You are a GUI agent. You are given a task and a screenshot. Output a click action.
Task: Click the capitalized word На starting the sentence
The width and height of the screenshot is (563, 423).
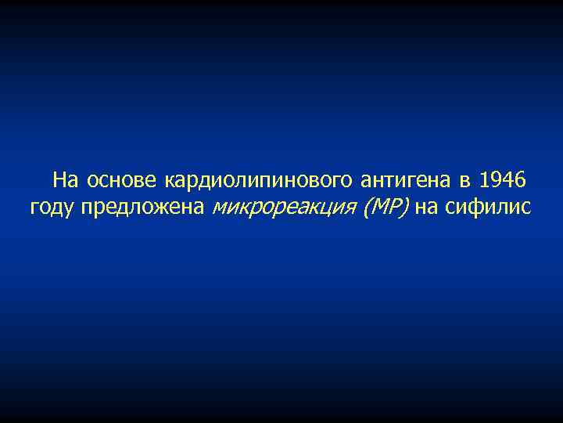(66, 182)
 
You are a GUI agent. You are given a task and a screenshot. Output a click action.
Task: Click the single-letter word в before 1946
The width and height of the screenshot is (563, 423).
(465, 182)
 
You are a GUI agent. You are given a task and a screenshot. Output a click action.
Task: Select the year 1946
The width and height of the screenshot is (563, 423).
(504, 182)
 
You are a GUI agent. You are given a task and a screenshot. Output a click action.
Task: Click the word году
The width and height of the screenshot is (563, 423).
(49, 208)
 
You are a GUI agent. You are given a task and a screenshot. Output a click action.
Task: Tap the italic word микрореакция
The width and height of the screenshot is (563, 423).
(283, 208)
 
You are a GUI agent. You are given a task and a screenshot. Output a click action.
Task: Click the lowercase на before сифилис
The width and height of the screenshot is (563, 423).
(429, 208)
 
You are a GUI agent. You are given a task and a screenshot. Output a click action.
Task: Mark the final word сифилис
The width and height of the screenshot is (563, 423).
(489, 208)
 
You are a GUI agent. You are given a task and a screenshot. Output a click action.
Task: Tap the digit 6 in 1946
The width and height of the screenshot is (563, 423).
(520, 182)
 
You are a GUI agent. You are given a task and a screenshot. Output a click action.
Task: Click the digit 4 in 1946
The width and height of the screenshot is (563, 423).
(509, 182)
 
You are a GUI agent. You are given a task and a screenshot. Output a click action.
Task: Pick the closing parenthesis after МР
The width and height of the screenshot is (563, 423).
(406, 208)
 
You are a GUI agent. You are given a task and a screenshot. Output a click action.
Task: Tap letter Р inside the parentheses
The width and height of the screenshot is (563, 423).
(396, 208)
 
